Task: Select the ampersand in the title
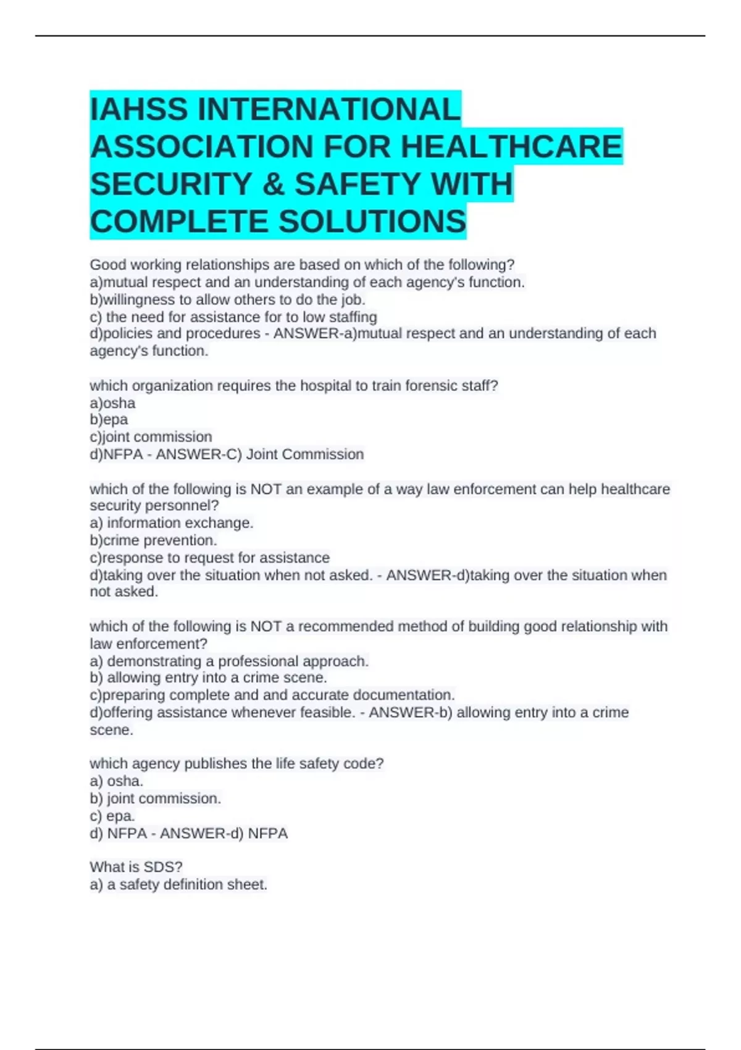point(272,184)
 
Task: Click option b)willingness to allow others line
point(227,300)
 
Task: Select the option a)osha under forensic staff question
point(112,403)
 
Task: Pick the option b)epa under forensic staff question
point(109,420)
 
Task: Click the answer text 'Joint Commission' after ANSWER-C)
point(305,455)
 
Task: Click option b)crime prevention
point(153,540)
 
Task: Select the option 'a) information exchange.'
point(172,523)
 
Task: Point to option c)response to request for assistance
point(209,558)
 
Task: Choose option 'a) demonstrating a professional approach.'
point(229,661)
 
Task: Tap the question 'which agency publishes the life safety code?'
point(237,764)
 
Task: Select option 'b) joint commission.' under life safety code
point(155,799)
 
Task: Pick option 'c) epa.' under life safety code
point(112,816)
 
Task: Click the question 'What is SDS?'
point(136,867)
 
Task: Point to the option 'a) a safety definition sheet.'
point(178,884)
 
